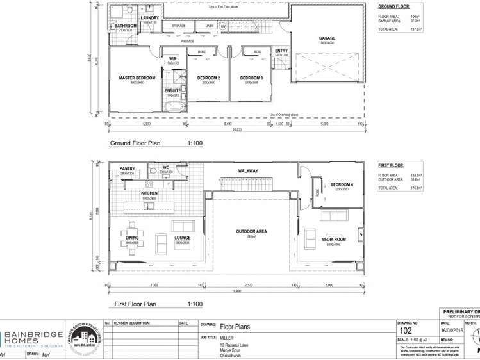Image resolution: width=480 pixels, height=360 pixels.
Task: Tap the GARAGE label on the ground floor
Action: click(327, 38)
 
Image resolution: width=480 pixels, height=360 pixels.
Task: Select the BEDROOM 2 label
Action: click(208, 78)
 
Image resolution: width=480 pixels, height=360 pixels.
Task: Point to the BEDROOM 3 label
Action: click(252, 78)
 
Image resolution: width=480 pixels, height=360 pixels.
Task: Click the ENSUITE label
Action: click(172, 91)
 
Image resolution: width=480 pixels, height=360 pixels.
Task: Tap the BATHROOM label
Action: click(125, 26)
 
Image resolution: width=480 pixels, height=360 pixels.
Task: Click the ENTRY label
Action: click(281, 51)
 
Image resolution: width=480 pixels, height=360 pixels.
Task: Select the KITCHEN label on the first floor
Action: click(149, 193)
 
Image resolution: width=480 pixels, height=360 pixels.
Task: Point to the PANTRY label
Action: click(127, 169)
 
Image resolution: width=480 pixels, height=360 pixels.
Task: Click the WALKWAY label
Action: click(248, 171)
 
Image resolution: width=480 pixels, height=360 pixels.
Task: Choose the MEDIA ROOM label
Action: click(334, 240)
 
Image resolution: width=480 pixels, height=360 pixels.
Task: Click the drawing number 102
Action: click(406, 331)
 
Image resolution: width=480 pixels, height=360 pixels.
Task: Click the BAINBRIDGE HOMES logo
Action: click(32, 339)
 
